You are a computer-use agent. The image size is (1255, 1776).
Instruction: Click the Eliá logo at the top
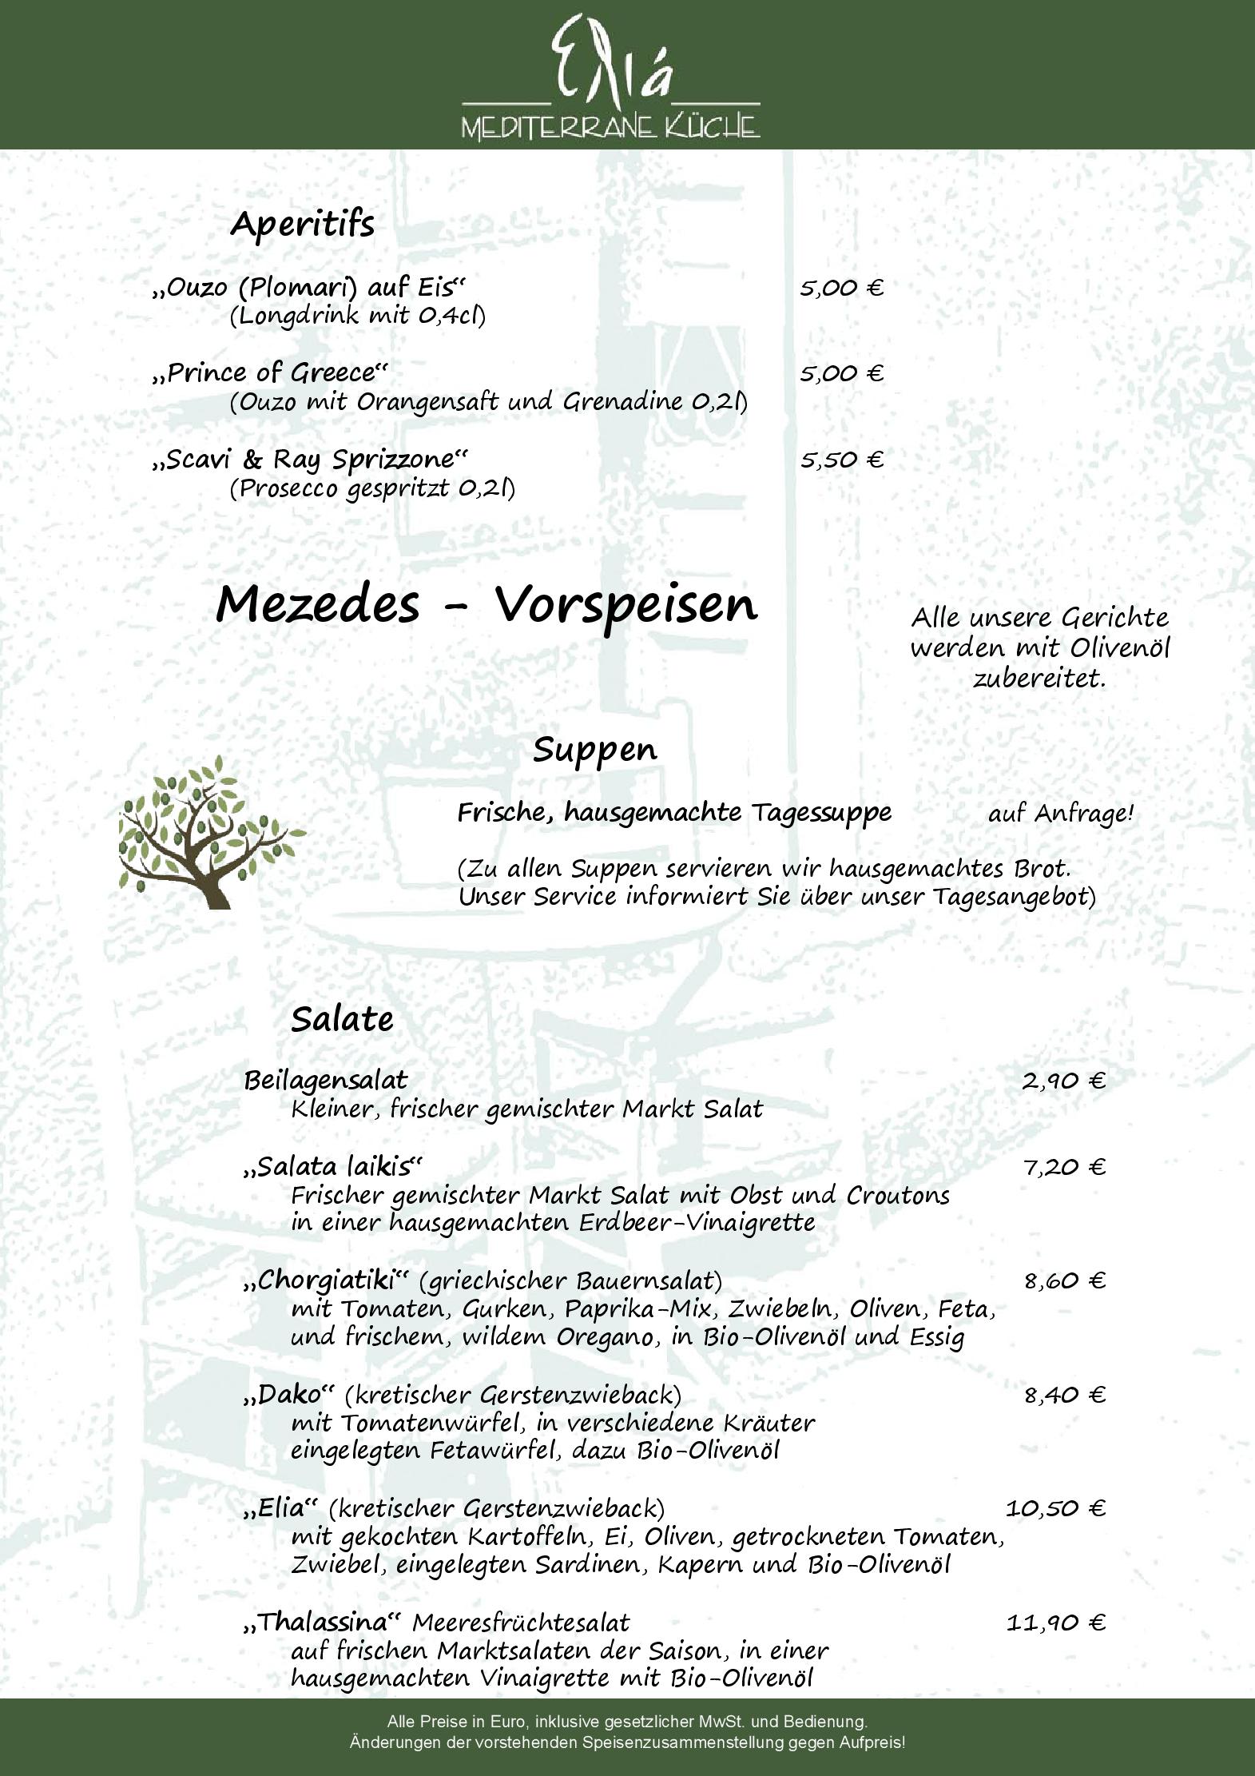(611, 76)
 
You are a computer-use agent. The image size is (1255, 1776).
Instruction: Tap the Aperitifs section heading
(302, 224)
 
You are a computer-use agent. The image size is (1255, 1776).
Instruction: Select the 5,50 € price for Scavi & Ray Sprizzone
(841, 460)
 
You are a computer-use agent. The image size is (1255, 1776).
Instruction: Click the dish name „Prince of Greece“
(270, 373)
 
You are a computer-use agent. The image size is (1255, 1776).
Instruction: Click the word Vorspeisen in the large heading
(626, 605)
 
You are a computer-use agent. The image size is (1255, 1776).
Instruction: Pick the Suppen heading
(595, 750)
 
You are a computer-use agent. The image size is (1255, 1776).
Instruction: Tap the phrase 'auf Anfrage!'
(1061, 814)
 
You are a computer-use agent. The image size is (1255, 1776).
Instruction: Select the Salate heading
(342, 1019)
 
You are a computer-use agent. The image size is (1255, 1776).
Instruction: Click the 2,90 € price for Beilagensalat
(1063, 1081)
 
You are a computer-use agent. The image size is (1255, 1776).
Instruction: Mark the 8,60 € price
(1065, 1281)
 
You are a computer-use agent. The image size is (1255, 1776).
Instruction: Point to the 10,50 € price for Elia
(1055, 1508)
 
